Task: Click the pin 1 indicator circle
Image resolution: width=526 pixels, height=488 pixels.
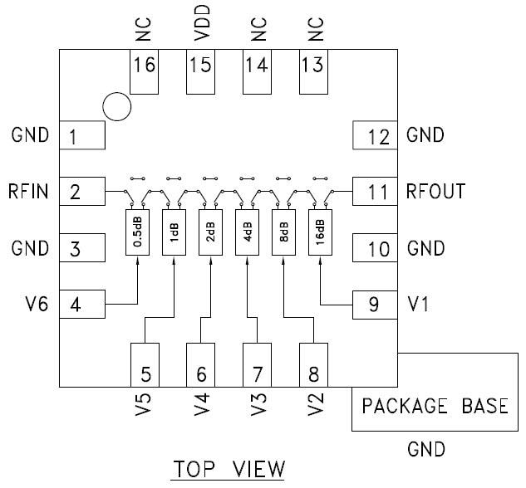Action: click(117, 106)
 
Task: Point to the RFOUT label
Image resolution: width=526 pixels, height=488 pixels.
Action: click(435, 192)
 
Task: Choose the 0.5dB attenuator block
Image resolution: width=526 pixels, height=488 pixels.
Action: click(136, 232)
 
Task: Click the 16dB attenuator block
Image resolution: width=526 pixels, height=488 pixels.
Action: click(320, 232)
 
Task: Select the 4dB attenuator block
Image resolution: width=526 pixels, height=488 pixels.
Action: click(247, 232)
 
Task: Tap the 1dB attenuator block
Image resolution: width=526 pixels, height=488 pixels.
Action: click(173, 232)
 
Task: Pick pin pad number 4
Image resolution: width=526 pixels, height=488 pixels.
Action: click(81, 305)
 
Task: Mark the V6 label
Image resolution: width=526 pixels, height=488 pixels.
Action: click(35, 305)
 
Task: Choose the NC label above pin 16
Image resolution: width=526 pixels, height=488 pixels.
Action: click(145, 32)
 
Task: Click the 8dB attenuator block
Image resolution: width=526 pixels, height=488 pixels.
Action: click(283, 232)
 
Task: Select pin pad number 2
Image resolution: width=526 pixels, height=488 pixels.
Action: click(81, 193)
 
